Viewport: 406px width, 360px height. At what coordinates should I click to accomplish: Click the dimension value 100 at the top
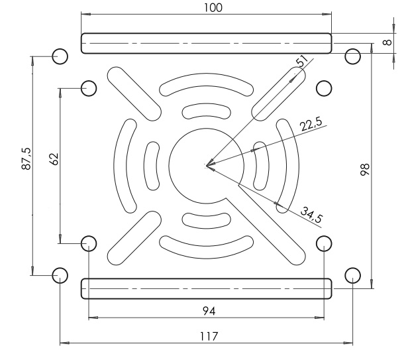[213, 8]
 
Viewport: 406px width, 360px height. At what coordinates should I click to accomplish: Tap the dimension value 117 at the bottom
[209, 336]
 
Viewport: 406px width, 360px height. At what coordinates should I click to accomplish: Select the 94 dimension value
[209, 311]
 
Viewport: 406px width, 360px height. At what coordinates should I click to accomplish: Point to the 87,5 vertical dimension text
[26, 158]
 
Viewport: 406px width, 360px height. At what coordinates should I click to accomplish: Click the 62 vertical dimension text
[54, 159]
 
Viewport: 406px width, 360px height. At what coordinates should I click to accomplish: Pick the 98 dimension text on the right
[365, 170]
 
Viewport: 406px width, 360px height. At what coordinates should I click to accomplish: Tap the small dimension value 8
[387, 42]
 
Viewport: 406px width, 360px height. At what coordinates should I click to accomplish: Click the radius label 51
[302, 61]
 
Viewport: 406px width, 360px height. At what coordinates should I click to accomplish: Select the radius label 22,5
[311, 124]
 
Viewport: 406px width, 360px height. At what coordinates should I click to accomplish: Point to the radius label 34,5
[312, 215]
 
